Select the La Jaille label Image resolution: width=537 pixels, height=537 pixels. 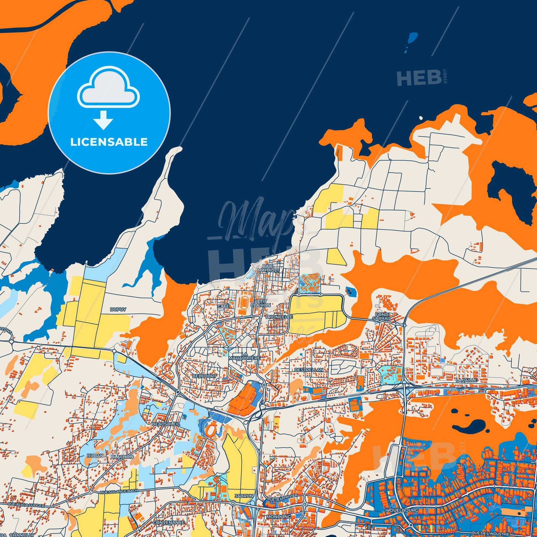coord(466,380)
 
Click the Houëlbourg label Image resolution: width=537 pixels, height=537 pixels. coord(398,503)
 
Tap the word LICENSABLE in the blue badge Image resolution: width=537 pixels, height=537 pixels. coord(109,142)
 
